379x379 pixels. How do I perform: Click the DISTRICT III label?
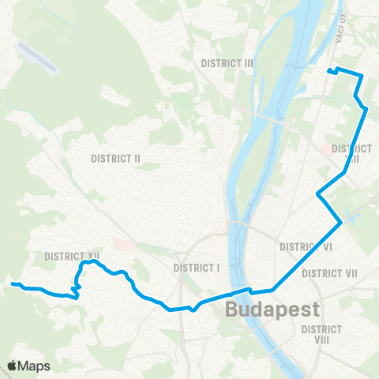227,63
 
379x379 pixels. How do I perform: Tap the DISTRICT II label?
115,158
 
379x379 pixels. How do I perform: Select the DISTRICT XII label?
72,256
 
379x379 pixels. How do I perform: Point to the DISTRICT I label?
195,267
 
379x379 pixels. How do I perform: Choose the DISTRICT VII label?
330,273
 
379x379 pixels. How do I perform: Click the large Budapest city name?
272,309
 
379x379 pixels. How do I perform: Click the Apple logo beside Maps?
13,365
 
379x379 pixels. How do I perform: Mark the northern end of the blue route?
328,70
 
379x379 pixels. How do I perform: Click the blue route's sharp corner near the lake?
340,223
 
